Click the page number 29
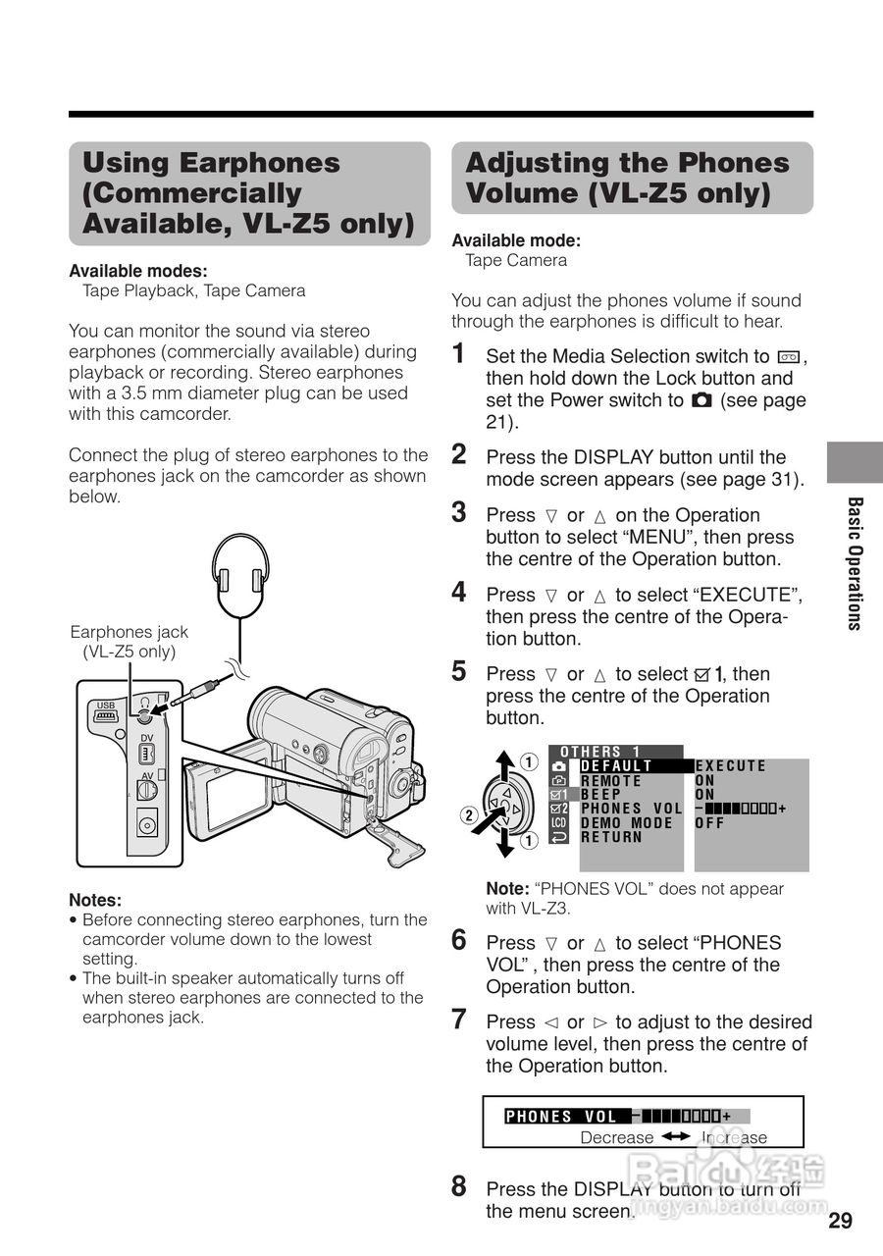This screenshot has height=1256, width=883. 840,1221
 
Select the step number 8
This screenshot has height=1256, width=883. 459,1186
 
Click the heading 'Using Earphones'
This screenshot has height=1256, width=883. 211,163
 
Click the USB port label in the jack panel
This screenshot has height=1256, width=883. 106,706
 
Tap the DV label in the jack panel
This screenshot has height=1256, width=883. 146,738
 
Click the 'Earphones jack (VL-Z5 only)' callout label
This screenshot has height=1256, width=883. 129,642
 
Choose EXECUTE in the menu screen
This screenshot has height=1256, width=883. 731,766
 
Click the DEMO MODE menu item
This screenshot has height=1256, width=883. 626,823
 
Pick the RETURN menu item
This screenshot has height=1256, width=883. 611,837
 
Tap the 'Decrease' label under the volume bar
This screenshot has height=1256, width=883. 616,1137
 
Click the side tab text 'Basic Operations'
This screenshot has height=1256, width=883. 855,563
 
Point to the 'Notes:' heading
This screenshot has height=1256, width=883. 95,900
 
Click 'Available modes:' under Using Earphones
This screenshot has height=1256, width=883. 137,271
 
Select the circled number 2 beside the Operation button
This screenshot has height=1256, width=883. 469,813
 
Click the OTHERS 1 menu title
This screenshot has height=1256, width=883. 600,752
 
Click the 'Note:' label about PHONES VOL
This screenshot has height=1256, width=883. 507,889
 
